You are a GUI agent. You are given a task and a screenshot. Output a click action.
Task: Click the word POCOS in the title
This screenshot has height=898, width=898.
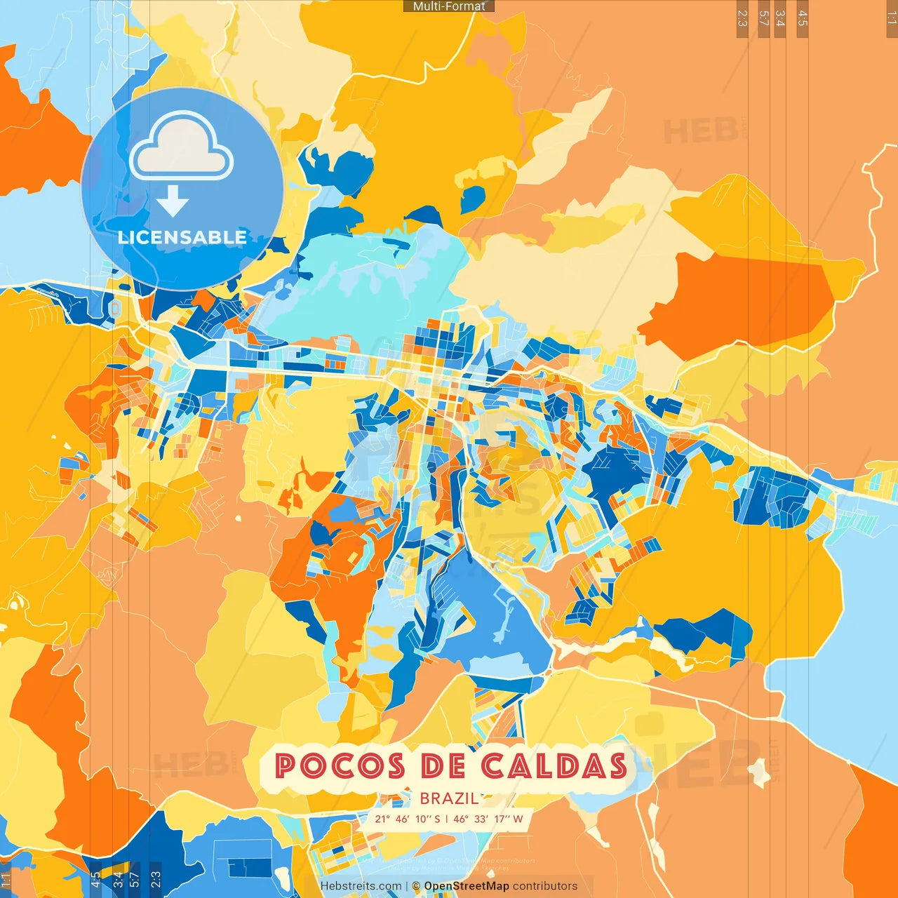(x=340, y=765)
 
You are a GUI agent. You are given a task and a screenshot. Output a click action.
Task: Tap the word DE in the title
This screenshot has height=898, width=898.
(x=443, y=765)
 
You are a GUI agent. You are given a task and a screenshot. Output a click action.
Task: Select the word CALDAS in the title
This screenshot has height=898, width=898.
(x=554, y=765)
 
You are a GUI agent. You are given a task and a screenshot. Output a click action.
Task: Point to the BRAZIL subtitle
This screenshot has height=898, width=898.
(x=449, y=798)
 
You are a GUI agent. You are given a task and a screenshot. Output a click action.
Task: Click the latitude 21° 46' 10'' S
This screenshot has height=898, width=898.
(x=407, y=819)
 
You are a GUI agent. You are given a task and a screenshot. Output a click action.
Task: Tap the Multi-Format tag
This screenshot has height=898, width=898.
(x=449, y=6)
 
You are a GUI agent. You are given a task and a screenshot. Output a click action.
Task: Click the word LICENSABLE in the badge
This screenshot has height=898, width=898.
(x=182, y=237)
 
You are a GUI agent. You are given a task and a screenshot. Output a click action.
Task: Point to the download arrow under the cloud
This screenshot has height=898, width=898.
(x=173, y=203)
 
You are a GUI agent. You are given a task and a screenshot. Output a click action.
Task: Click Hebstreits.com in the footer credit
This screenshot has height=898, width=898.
(x=361, y=886)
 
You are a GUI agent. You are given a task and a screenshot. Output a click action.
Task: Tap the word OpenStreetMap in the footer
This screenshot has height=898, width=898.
(x=467, y=886)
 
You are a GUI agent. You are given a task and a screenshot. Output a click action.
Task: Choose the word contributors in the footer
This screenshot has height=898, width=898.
(x=545, y=886)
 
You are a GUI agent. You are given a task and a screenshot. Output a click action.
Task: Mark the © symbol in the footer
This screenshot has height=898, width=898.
(x=416, y=886)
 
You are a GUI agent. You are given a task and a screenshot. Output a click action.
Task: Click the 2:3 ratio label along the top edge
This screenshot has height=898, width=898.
(x=742, y=18)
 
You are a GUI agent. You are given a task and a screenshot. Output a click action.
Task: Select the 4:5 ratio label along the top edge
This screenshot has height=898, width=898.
(x=803, y=18)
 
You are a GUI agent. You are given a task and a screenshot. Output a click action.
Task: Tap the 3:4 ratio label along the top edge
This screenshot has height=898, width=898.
(x=780, y=18)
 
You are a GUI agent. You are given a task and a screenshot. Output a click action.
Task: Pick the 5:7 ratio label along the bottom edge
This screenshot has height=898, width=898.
(x=134, y=880)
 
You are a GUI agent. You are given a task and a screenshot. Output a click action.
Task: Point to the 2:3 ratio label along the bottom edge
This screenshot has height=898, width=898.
(x=156, y=880)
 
